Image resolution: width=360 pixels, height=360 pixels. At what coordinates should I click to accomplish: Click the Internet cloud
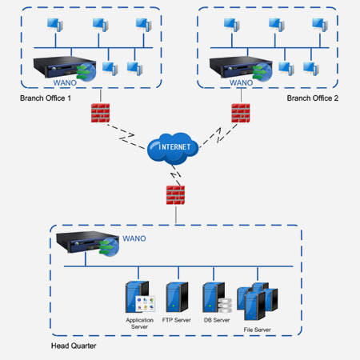pos(173,148)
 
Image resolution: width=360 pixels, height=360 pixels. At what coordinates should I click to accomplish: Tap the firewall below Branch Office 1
pos(100,113)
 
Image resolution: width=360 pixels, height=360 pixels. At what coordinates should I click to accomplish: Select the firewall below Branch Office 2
pos(241,113)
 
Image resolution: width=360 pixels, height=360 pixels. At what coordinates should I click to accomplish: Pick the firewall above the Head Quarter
pos(175,195)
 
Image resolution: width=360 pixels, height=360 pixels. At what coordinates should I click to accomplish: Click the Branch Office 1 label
pos(46,98)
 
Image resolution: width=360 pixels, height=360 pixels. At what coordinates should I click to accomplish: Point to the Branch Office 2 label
pos(313,98)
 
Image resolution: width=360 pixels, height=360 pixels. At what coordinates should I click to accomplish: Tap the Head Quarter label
pos(74,346)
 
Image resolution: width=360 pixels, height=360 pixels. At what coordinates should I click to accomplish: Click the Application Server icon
pos(140,297)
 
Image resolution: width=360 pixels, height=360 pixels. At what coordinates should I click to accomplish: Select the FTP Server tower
pos(177,297)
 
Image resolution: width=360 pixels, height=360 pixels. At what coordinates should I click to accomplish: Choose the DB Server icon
pos(217,298)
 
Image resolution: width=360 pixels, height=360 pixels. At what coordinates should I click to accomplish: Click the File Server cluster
pos(258,301)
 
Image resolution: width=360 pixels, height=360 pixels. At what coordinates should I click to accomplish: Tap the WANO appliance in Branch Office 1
pos(65,68)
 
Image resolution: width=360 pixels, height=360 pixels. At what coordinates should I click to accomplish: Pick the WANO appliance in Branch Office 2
pos(241,68)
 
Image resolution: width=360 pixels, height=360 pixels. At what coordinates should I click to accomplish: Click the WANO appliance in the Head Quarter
pos(87,243)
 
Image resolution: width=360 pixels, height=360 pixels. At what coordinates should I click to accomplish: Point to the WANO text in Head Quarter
pos(134,238)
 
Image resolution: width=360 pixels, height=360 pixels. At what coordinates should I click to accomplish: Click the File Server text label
pos(257,330)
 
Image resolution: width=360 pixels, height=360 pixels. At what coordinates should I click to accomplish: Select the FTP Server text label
pos(177,320)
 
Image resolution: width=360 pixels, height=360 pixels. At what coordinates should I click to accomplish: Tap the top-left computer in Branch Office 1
pos(55,25)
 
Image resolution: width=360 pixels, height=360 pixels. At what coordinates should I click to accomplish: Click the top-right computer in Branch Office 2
pos(320,25)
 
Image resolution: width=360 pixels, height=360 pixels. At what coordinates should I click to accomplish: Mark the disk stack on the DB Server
pos(225,306)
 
